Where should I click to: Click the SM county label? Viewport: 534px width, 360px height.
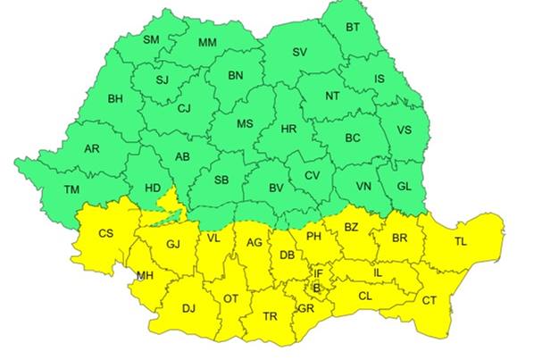151,39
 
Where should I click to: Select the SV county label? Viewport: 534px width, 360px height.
299,53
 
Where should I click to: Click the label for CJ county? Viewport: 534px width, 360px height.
184,109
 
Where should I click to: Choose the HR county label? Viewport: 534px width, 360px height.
288,130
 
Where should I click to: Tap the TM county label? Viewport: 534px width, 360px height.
72,188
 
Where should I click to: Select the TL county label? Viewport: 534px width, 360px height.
460,241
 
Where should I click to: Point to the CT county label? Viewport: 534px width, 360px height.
430,299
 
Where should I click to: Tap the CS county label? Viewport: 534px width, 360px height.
105,234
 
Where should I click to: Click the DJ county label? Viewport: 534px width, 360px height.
188,308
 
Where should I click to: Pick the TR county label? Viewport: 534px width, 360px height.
271,315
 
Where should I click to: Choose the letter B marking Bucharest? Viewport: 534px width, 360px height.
314,289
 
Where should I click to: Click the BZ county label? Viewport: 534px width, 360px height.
351,227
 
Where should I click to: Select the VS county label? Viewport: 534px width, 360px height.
404,130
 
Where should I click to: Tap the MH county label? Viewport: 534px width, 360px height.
145,275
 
